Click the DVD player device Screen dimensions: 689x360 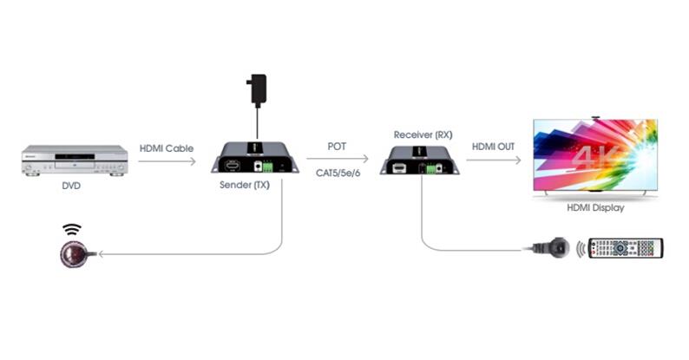(75, 160)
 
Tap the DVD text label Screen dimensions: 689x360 (71, 186)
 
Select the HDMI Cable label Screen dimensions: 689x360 (167, 148)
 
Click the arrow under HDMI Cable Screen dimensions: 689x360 (167, 161)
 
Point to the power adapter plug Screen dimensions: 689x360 (257, 90)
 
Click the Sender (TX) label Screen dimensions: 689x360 (245, 185)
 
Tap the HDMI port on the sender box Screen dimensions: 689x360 (233, 166)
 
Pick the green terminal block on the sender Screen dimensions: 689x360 (267, 167)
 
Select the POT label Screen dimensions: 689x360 (337, 147)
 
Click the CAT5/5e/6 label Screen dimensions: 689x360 (338, 173)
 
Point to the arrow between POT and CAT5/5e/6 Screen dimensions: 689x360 (338, 159)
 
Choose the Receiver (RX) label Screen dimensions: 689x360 (423, 134)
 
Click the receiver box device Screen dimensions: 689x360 (420, 160)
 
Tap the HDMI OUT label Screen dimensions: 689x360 (493, 147)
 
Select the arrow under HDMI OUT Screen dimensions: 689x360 (494, 160)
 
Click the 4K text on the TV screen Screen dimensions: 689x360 (596, 156)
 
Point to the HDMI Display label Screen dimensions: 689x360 (595, 207)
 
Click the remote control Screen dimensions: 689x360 (626, 248)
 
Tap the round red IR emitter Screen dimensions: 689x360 (72, 254)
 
